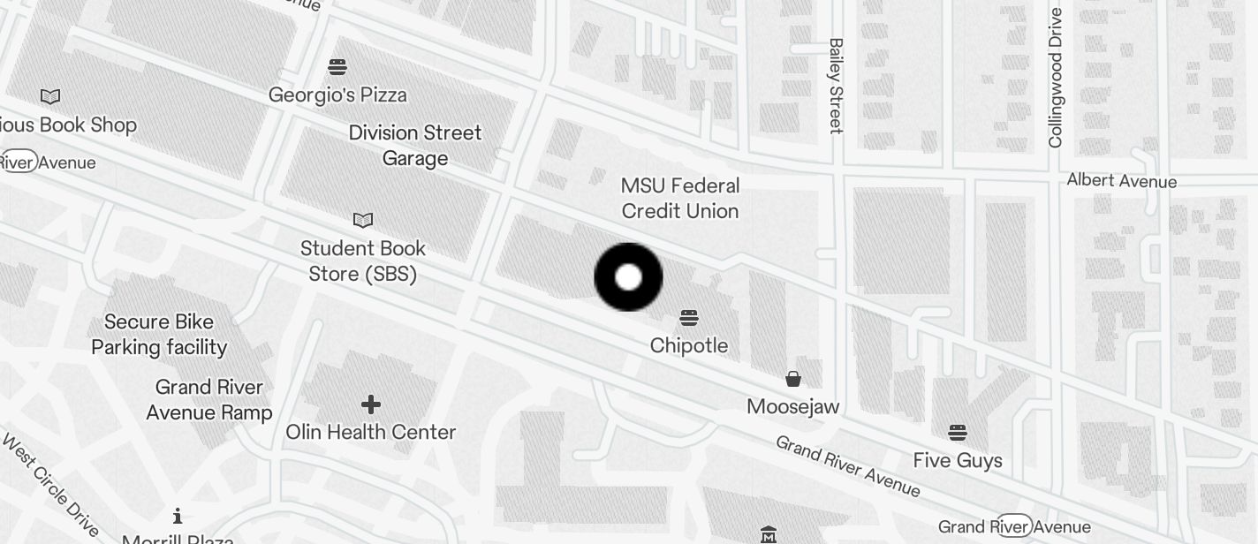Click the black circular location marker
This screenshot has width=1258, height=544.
tap(628, 277)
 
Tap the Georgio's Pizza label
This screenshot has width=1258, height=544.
tap(337, 94)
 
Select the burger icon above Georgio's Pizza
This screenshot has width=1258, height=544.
tap(337, 67)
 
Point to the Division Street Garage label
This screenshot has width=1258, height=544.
tap(415, 146)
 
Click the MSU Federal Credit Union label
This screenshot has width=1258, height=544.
tap(680, 198)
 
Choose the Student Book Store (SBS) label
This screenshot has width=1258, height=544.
tap(363, 261)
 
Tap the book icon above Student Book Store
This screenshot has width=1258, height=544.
tap(363, 220)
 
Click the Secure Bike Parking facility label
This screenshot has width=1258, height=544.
tap(159, 334)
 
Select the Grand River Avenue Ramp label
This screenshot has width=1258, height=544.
tap(209, 399)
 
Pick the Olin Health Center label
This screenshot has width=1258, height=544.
tap(371, 432)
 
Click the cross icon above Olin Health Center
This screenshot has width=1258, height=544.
tap(371, 404)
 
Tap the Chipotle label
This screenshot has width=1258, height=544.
tap(689, 345)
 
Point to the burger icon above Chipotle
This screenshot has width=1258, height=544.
tap(689, 318)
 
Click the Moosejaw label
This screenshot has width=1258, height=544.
tap(793, 406)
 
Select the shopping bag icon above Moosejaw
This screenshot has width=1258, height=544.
tap(793, 379)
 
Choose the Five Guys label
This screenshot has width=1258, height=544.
tap(958, 460)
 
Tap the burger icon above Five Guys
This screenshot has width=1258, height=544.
tap(958, 433)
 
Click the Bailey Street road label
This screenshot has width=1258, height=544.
tap(836, 86)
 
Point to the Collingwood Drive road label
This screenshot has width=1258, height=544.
tap(1056, 78)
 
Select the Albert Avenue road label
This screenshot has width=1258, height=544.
tap(1122, 181)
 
